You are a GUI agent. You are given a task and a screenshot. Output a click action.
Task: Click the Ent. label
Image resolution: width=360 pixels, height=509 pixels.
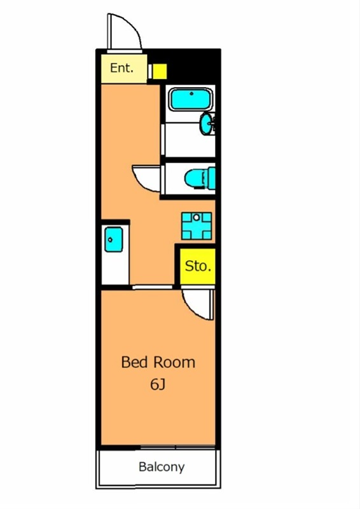[x=121, y=68]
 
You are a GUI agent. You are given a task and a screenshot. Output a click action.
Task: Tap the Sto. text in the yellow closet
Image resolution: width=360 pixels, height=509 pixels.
[x=198, y=266]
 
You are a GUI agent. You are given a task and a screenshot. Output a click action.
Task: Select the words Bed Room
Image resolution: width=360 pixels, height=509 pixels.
[x=158, y=362]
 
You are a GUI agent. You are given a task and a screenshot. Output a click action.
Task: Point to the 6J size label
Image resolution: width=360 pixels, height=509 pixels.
[x=158, y=384]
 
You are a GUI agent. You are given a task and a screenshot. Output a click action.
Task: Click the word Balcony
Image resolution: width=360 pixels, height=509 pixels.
[x=162, y=467]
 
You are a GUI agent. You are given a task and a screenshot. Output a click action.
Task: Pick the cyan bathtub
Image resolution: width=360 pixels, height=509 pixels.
[x=191, y=99]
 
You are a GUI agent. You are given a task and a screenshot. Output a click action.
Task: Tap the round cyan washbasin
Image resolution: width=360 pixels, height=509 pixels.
[x=206, y=123]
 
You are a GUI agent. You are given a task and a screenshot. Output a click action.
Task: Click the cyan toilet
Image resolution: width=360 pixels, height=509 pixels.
[x=200, y=178]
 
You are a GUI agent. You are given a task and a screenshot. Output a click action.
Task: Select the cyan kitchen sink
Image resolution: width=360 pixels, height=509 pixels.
[x=114, y=240]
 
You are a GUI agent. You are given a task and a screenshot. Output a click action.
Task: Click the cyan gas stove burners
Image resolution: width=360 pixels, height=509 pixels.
[x=197, y=226]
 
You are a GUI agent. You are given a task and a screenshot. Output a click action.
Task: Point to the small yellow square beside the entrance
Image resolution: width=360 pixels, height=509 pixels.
[x=160, y=71]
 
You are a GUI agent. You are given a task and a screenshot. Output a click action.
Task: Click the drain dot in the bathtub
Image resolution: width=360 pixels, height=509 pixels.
[x=191, y=94]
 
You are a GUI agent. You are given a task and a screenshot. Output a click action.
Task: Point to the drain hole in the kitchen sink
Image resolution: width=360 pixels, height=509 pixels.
[x=111, y=240]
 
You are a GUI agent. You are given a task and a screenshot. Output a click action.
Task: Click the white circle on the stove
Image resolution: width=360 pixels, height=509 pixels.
[x=197, y=218]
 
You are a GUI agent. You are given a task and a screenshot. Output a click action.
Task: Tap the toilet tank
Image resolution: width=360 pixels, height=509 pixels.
[x=212, y=178]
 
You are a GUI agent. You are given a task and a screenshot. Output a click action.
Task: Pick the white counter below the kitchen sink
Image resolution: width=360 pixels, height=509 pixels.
[x=115, y=268]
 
